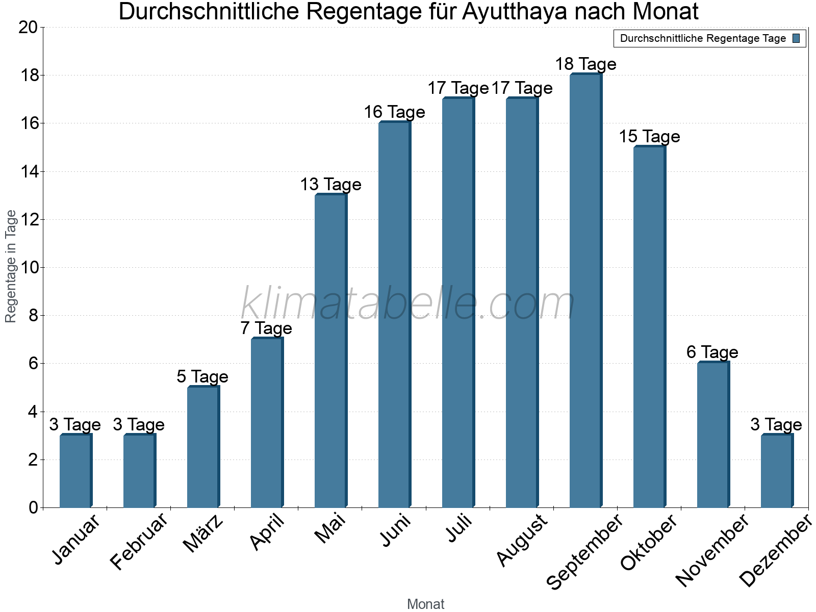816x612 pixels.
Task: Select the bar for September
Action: [585, 291]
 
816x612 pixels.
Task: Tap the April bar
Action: [267, 423]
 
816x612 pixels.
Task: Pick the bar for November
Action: [713, 435]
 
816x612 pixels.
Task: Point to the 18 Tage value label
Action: [585, 64]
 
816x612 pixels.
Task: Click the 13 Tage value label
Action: [330, 185]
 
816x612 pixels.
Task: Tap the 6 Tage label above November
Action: [712, 352]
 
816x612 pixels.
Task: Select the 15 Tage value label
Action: [649, 137]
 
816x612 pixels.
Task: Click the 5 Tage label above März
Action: [202, 377]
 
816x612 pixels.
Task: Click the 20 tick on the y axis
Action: [28, 28]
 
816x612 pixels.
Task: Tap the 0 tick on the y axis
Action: [34, 507]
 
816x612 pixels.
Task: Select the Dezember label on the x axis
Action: [775, 551]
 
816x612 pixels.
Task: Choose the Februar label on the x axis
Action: [139, 542]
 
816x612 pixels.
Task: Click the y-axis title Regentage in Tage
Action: [11, 266]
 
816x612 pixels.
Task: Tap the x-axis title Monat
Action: [426, 604]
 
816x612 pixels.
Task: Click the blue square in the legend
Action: [797, 38]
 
